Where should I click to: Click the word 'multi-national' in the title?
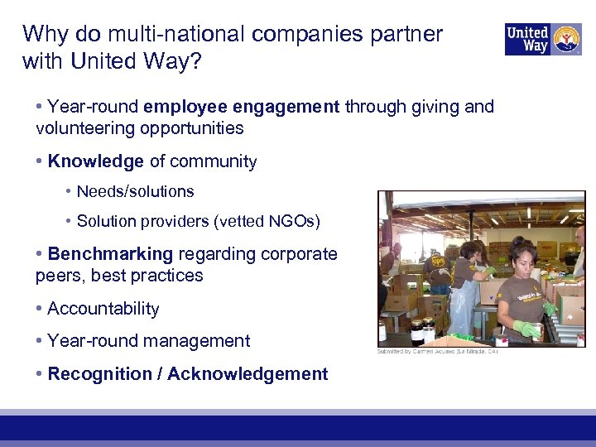pos(165,34)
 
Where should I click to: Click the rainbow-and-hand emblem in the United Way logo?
pos(565,39)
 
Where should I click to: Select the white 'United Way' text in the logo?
pos(527,39)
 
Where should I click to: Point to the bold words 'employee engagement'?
pos(241,107)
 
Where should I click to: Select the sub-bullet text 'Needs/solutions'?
pos(135,191)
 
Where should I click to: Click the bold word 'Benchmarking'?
pos(110,254)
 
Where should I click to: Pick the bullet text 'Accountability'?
pos(103,309)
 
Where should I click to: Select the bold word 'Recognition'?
pos(99,374)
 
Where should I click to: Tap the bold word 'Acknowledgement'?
pos(248,374)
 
